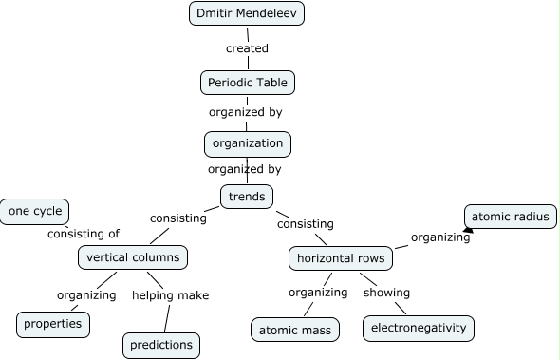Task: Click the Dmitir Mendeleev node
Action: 247,14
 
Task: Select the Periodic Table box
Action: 248,83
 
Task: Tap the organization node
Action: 247,143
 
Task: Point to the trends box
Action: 247,197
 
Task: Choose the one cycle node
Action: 34,211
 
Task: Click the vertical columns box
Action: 132,257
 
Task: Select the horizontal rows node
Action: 341,258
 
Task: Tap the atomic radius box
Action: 510,217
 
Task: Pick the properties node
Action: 53,324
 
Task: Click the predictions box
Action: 162,345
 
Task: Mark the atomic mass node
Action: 295,330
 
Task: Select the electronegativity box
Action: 418,329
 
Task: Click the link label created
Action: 247,48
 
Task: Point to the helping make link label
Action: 170,294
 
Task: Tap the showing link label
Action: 386,292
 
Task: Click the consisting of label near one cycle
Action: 84,234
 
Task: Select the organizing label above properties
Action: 86,294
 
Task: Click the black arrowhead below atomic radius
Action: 467,228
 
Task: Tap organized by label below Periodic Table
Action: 245,112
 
